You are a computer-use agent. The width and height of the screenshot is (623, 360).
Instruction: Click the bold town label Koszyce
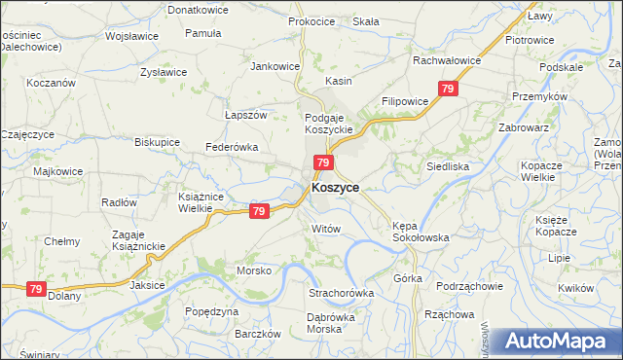pyautogui.click(x=335, y=188)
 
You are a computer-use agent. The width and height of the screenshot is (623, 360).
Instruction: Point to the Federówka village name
pyautogui.click(x=230, y=147)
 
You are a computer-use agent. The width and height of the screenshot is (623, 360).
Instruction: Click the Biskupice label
pyautogui.click(x=157, y=141)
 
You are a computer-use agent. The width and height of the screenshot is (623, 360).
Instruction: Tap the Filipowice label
pyautogui.click(x=406, y=101)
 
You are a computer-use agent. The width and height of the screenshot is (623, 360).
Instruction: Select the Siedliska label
pyautogui.click(x=448, y=166)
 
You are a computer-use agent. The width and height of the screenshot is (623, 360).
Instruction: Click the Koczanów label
pyautogui.click(x=52, y=84)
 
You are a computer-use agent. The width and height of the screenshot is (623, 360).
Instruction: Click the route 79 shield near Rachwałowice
pyautogui.click(x=448, y=90)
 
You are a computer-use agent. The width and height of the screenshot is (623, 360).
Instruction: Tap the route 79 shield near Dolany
pyautogui.click(x=36, y=289)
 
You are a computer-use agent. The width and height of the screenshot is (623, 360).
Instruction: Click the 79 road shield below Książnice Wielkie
pyautogui.click(x=259, y=211)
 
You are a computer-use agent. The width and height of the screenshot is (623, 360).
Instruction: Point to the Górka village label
pyautogui.click(x=408, y=278)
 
